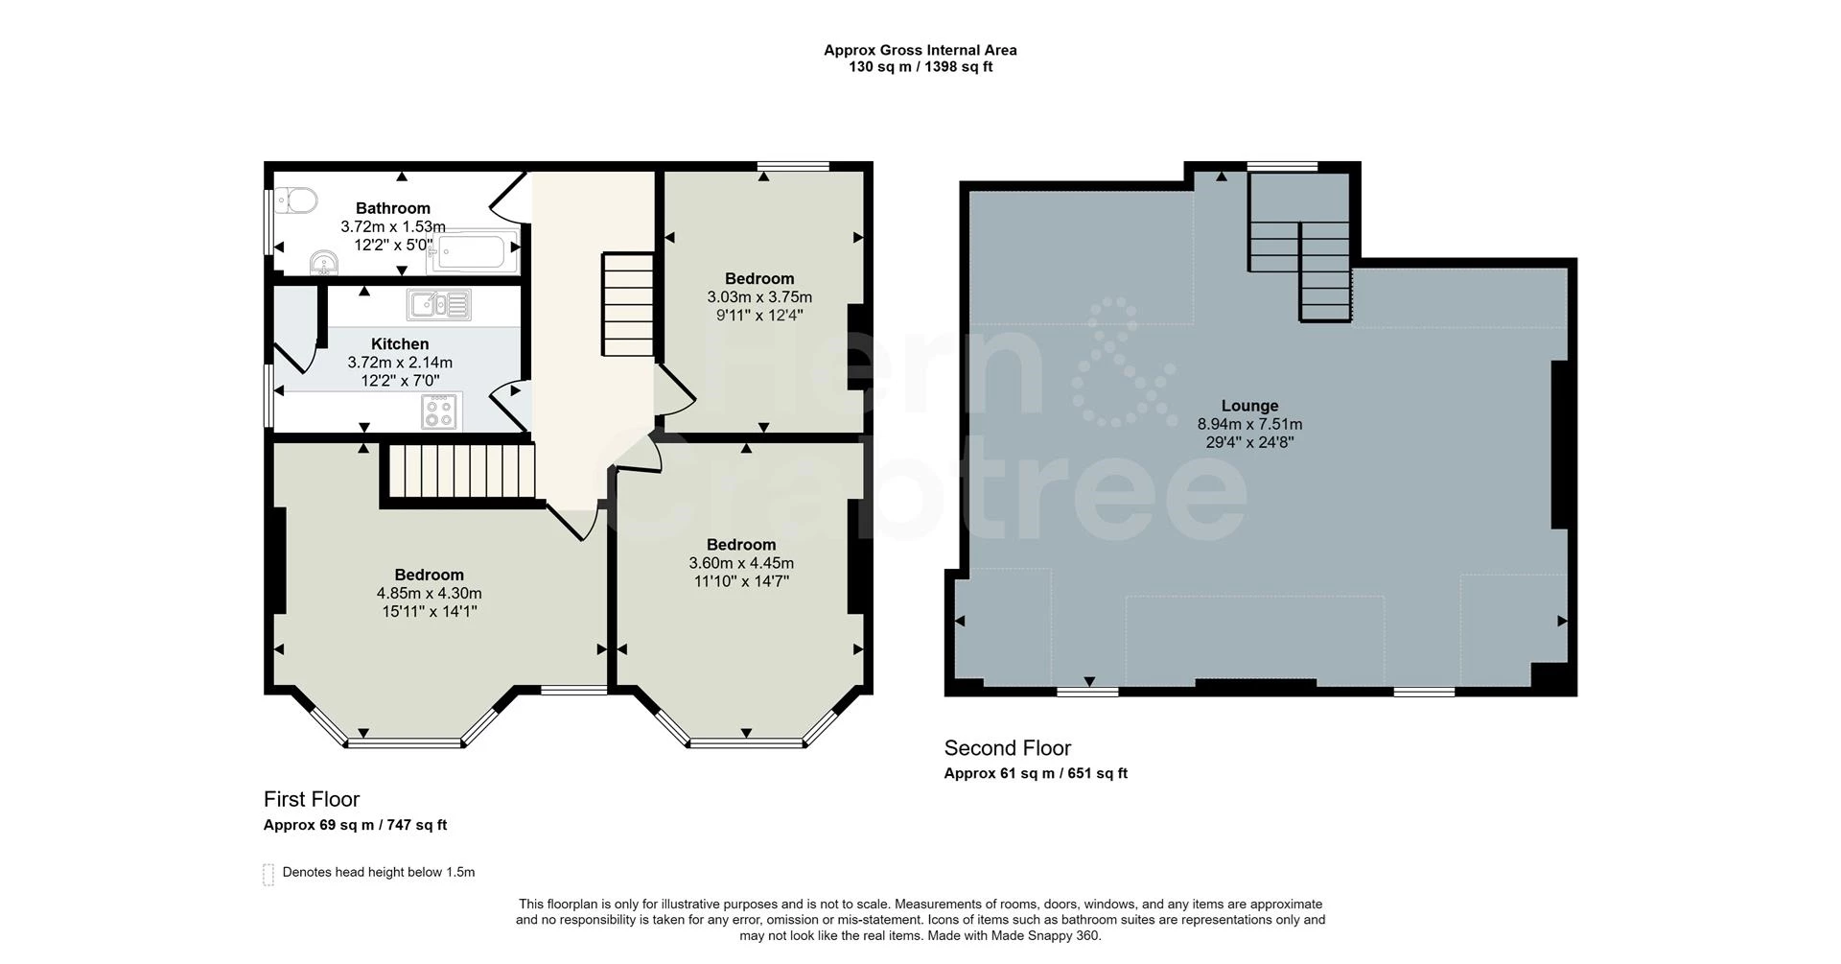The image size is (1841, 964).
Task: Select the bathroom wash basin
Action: coord(324,262)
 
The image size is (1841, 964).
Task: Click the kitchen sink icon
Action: coord(438,305)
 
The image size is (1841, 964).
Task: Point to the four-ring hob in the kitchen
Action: coord(440,411)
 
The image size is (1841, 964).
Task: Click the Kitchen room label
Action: coord(400,344)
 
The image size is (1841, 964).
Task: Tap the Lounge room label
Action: coord(1249,406)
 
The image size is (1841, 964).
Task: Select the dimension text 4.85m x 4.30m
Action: coord(429,594)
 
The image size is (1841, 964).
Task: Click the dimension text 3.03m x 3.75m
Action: coord(759,297)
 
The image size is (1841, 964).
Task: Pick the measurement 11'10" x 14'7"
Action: coord(741,581)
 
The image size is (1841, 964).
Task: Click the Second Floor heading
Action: coord(1007,748)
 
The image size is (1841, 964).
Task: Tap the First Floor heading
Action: coord(312,799)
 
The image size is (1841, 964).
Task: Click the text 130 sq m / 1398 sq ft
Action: coord(920,67)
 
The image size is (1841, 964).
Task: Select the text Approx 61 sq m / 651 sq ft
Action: coord(1036,774)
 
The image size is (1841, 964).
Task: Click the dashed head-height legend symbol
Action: coord(268,874)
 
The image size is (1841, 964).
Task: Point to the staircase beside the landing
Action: coord(628,304)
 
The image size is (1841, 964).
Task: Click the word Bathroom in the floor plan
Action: coord(393,208)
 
